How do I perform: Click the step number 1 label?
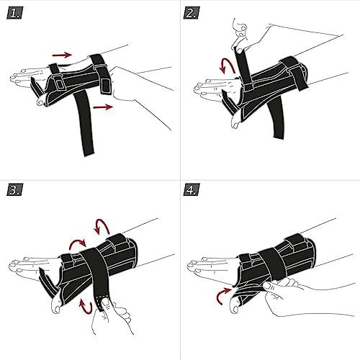[14, 14]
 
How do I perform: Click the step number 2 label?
[192, 14]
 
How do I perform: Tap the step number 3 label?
[14, 190]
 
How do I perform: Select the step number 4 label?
[192, 190]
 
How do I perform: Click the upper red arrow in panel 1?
[62, 55]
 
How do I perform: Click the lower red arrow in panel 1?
[103, 107]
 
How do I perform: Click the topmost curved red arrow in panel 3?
[102, 225]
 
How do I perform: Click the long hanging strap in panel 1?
[84, 124]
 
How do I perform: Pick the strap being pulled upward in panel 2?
[243, 66]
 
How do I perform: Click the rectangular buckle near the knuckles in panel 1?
[58, 82]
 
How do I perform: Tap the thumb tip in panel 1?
[40, 103]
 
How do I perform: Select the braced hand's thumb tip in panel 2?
[235, 124]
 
